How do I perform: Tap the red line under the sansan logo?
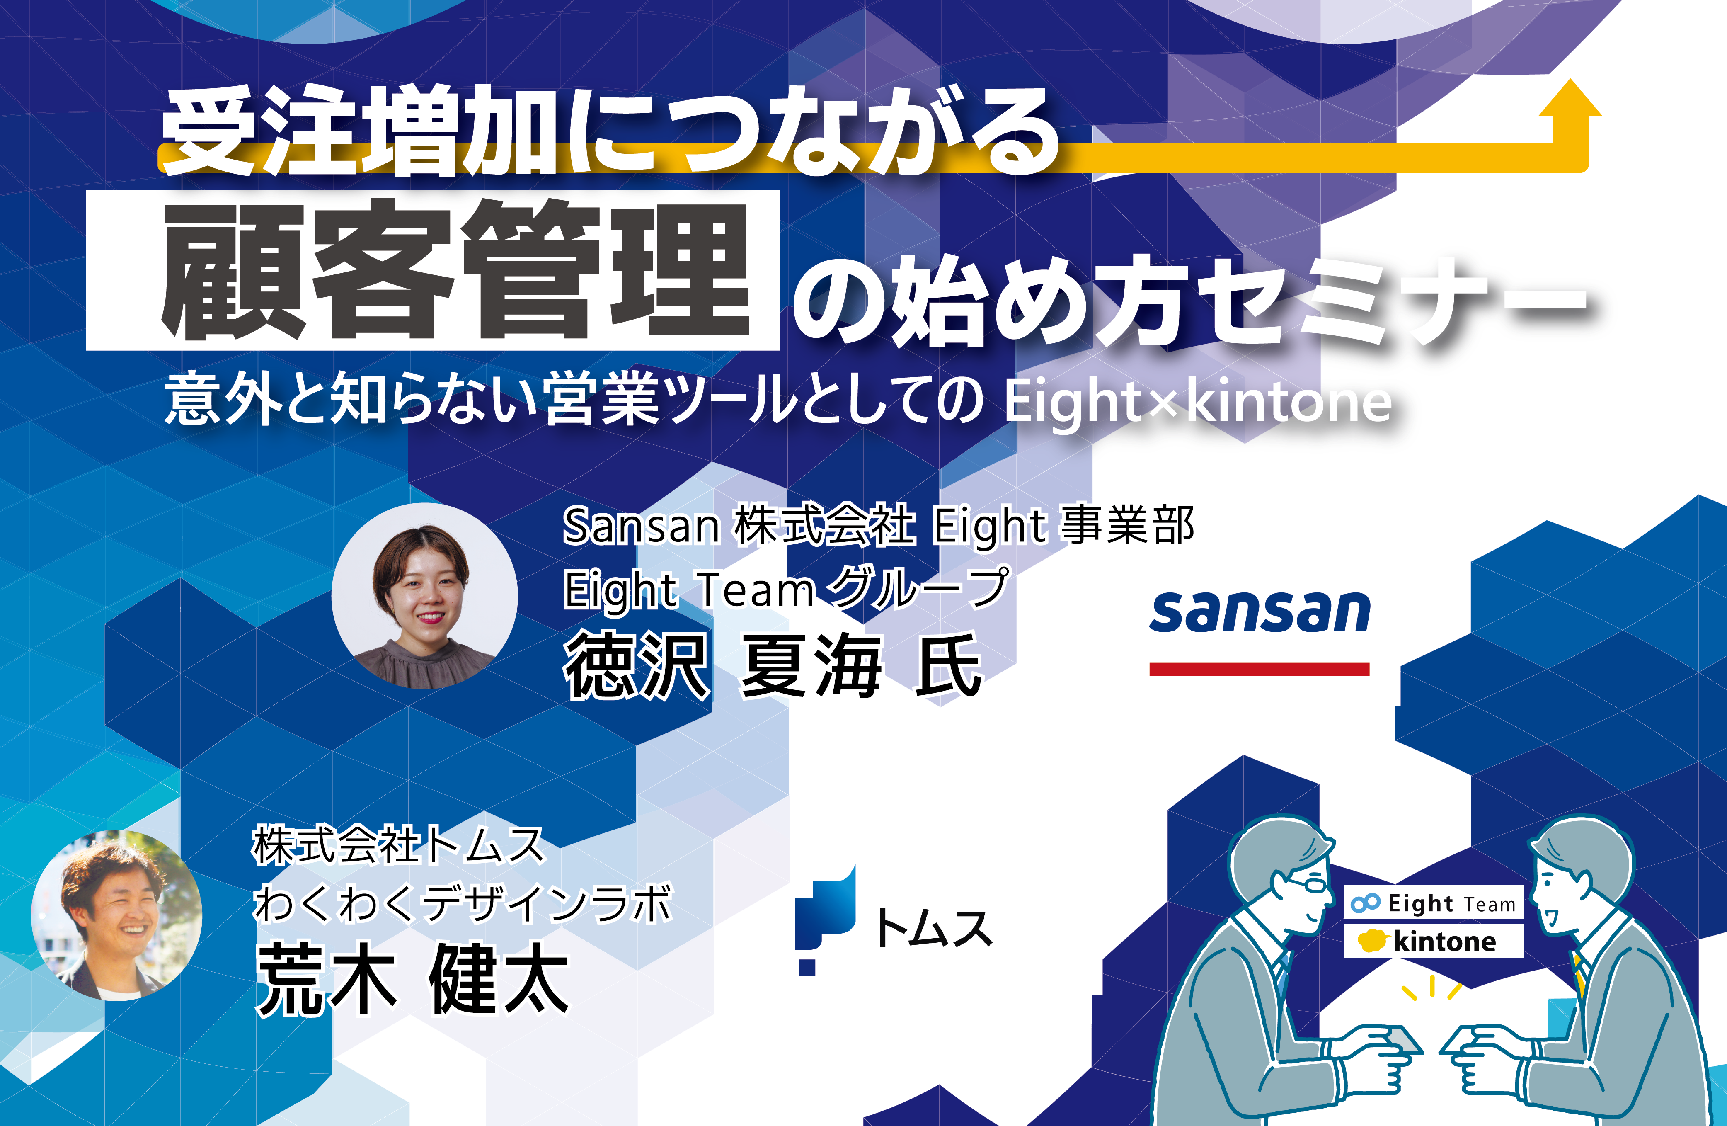(1259, 669)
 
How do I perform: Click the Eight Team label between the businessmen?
(1433, 903)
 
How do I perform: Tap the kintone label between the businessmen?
(1433, 941)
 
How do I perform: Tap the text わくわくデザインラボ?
(463, 903)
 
